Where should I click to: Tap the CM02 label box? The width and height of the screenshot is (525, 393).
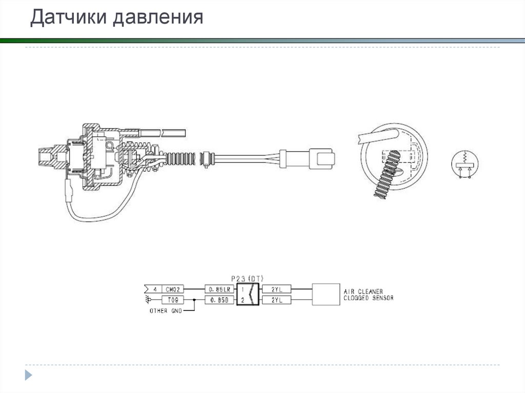(173, 289)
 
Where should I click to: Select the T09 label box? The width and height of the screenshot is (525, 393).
(173, 300)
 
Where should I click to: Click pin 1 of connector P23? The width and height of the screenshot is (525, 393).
(243, 289)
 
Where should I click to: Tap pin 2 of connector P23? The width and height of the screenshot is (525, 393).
(243, 300)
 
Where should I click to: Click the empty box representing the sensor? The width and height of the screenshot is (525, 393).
(326, 295)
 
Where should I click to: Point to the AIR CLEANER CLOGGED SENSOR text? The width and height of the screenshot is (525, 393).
(368, 295)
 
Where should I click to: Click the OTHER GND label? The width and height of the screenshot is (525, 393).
(165, 311)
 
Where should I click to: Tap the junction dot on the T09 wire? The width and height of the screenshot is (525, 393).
(194, 300)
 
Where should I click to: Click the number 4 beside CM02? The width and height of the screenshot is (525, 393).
(155, 289)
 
